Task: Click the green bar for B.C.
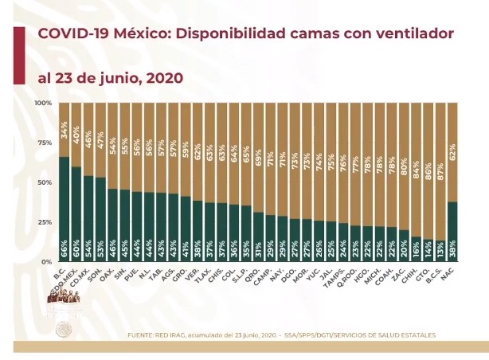tap(65, 209)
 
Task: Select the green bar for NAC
tap(452, 231)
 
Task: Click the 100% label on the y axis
tap(43, 103)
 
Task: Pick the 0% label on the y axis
tap(47, 261)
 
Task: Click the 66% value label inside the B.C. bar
tap(65, 252)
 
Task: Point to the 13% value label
tap(440, 252)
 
